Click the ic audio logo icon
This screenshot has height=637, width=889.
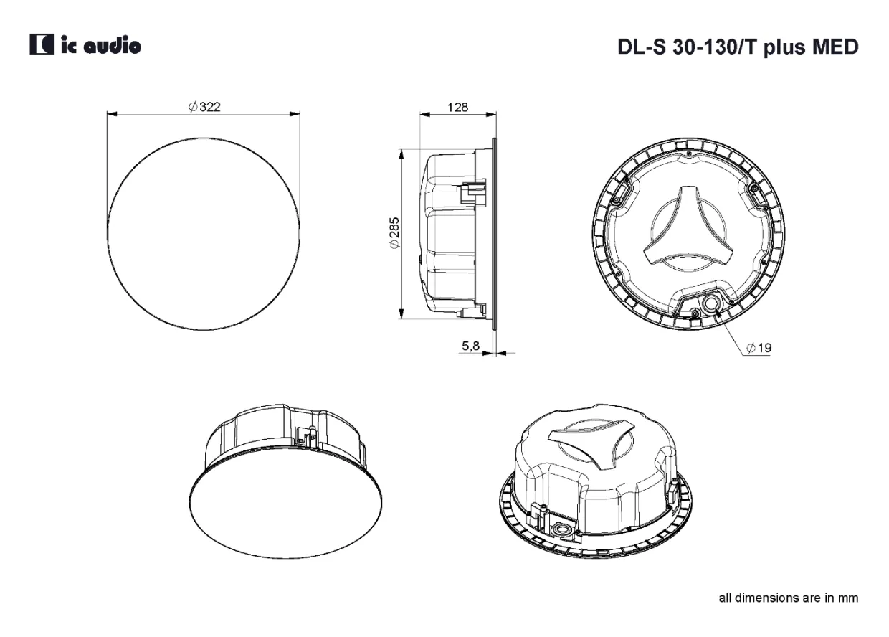tap(42, 44)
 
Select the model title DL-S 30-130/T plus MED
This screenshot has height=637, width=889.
tap(738, 47)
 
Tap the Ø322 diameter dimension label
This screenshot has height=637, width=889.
tap(204, 107)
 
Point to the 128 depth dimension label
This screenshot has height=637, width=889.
tap(457, 107)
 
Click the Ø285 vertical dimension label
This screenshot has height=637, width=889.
tap(394, 233)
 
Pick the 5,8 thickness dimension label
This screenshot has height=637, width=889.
tap(471, 346)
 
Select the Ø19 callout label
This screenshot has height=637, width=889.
tap(759, 348)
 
